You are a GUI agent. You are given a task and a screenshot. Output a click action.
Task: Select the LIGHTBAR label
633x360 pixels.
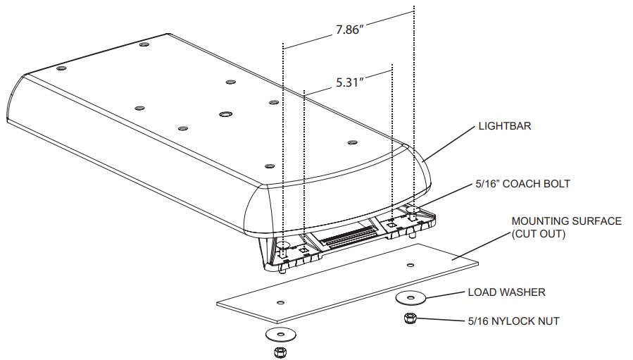point(505,126)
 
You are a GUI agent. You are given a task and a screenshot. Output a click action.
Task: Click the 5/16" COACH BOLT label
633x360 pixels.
point(522,184)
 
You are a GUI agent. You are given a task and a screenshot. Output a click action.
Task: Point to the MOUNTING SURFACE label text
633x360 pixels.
point(566,221)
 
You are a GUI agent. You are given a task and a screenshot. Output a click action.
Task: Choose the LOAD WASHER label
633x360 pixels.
point(507,292)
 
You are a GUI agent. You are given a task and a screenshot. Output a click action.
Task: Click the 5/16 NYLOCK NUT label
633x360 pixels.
point(513,321)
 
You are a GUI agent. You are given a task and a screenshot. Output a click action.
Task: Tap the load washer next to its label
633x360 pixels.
point(410,298)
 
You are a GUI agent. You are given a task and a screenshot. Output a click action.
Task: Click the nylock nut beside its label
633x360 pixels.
point(409,318)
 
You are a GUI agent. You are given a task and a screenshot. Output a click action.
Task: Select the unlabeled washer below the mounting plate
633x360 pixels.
point(280,334)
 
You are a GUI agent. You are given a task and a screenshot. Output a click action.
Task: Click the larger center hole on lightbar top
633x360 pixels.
point(225,114)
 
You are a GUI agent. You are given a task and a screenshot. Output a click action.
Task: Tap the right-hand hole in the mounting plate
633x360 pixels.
point(410,265)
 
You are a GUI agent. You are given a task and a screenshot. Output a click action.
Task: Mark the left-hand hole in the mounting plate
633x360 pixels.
point(280,302)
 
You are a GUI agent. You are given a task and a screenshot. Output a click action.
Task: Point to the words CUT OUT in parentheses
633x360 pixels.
point(538,234)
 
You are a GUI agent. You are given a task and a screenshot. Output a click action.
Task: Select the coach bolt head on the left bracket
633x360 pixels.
point(284,245)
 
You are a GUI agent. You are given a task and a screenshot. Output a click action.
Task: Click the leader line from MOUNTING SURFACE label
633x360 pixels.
point(481,246)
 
